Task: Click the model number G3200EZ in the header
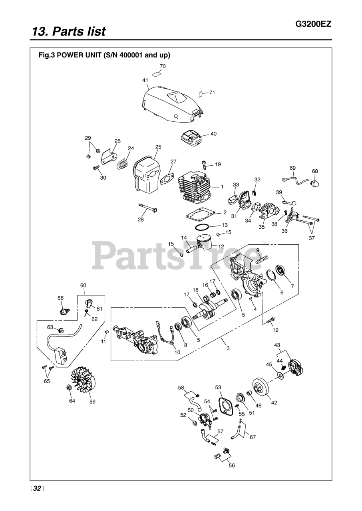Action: pyautogui.click(x=313, y=24)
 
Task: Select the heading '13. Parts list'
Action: pyautogui.click(x=69, y=31)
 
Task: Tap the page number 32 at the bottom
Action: pyautogui.click(x=37, y=489)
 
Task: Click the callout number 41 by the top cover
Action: pyautogui.click(x=145, y=80)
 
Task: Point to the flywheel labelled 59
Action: pyautogui.click(x=84, y=380)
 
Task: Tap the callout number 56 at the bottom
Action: pyautogui.click(x=232, y=465)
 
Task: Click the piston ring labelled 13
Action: pyautogui.click(x=202, y=228)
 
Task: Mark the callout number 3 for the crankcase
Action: pyautogui.click(x=228, y=348)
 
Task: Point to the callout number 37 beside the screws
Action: pyautogui.click(x=311, y=238)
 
